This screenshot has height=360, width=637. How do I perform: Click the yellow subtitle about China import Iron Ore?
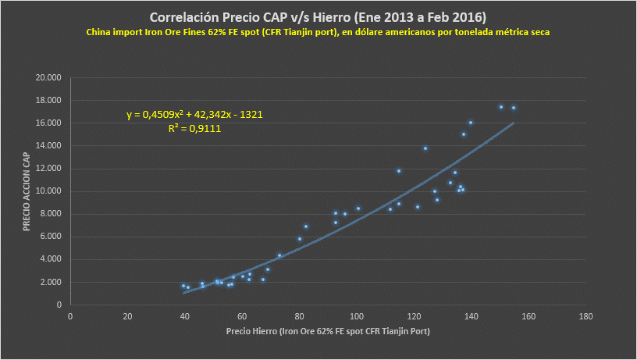pyautogui.click(x=318, y=32)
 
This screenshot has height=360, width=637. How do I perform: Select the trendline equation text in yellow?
pyautogui.click(x=194, y=115)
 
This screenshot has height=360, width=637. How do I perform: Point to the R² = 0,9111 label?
pyautogui.click(x=194, y=129)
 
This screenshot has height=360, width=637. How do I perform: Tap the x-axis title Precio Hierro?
pyautogui.click(x=328, y=332)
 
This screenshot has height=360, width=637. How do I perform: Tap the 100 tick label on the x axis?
pyautogui.click(x=357, y=316)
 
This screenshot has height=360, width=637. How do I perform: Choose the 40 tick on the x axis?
pyautogui.click(x=185, y=316)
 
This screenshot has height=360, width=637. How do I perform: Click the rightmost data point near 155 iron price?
pyautogui.click(x=514, y=108)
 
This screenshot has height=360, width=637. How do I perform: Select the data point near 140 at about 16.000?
pyautogui.click(x=471, y=123)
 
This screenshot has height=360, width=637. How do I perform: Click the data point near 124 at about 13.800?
pyautogui.click(x=425, y=148)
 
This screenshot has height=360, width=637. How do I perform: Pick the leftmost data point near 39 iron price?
pyautogui.click(x=183, y=286)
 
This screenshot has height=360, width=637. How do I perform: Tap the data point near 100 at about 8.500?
pyautogui.click(x=358, y=209)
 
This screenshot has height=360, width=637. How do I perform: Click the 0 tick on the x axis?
pyautogui.click(x=70, y=316)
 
